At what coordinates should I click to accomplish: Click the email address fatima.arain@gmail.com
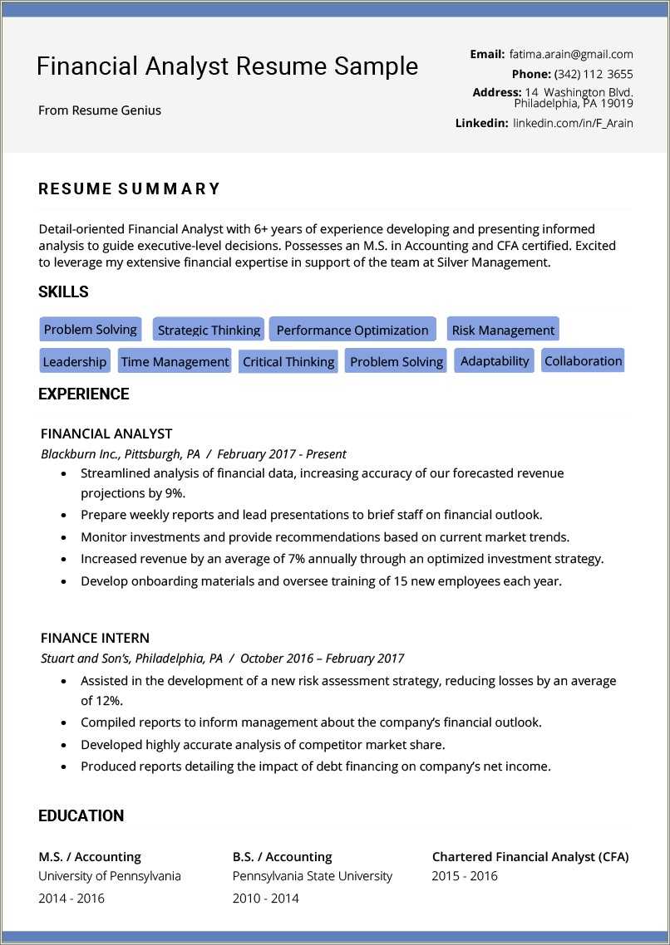pyautogui.click(x=571, y=54)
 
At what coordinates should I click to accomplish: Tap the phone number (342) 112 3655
pyautogui.click(x=593, y=74)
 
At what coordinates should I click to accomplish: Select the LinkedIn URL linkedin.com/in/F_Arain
pyautogui.click(x=572, y=123)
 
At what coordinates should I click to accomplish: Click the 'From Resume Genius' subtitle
pyautogui.click(x=100, y=110)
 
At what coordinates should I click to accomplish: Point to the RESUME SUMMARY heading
pyautogui.click(x=130, y=189)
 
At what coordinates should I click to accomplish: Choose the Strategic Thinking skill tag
pyautogui.click(x=209, y=330)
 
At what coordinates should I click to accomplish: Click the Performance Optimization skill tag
pyautogui.click(x=352, y=330)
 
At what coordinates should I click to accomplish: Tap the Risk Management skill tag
pyautogui.click(x=503, y=330)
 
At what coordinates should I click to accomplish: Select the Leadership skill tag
pyautogui.click(x=75, y=361)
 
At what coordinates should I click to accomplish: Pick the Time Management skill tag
pyautogui.click(x=175, y=361)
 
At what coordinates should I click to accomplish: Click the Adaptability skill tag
pyautogui.click(x=495, y=360)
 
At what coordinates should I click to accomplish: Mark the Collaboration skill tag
pyautogui.click(x=583, y=360)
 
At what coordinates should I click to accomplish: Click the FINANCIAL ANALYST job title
pyautogui.click(x=106, y=433)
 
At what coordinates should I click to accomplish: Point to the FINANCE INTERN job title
pyautogui.click(x=95, y=638)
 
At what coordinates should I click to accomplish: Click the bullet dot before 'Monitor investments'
pyautogui.click(x=65, y=538)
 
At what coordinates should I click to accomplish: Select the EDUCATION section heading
pyautogui.click(x=81, y=815)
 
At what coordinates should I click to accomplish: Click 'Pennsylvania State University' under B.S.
pyautogui.click(x=312, y=876)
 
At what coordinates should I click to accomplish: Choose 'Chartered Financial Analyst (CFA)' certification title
pyautogui.click(x=530, y=856)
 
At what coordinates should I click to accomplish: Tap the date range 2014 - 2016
pyautogui.click(x=71, y=898)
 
